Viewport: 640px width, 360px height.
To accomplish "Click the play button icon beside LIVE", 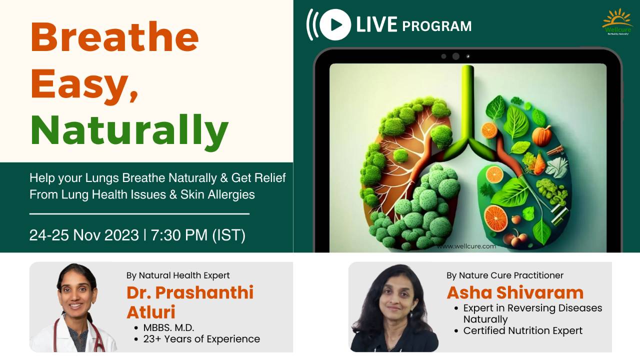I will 335,24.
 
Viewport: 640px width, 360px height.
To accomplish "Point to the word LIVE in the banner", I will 376,24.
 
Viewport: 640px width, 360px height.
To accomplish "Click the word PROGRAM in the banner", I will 436,25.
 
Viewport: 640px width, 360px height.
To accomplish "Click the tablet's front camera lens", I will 455,56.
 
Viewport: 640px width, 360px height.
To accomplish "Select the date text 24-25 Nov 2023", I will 84,235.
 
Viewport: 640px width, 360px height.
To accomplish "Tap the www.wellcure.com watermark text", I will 466,246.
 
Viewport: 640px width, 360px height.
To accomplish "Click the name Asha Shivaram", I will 515,292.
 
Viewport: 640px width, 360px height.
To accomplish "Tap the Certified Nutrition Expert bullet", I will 522,330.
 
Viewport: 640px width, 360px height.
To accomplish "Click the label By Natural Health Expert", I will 178,275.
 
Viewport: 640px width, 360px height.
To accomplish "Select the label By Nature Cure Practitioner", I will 505,275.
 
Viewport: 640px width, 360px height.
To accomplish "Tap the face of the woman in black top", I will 394,300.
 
